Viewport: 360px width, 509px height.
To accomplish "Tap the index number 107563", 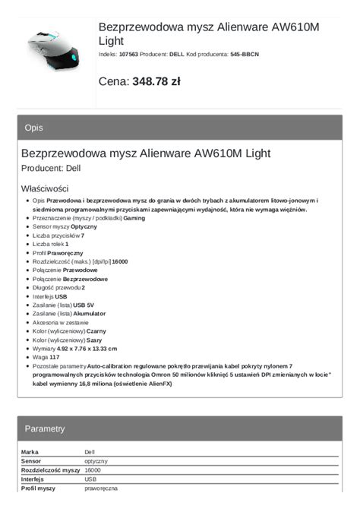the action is tap(129, 55).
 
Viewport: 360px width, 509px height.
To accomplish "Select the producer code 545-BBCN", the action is tap(245, 55).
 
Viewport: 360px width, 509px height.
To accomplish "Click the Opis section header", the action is tap(34, 128).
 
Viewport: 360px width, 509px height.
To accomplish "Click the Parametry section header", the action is tap(45, 428).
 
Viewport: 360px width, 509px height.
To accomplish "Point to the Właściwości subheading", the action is tap(45, 188).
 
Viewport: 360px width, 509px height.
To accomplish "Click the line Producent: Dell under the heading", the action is tap(51, 168).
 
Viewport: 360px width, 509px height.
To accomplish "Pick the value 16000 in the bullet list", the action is tap(120, 261).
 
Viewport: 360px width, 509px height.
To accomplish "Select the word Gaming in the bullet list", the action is tap(134, 217).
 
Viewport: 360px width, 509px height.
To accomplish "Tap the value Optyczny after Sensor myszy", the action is tap(84, 226).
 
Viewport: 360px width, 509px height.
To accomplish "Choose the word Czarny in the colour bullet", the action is tap(96, 331).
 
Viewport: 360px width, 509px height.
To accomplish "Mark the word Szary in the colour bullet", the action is tap(94, 340).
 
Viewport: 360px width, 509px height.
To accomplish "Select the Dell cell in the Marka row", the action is tap(90, 452).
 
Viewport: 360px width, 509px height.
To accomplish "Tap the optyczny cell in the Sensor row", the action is tap(96, 461).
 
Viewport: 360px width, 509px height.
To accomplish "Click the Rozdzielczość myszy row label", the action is tap(50, 470).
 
